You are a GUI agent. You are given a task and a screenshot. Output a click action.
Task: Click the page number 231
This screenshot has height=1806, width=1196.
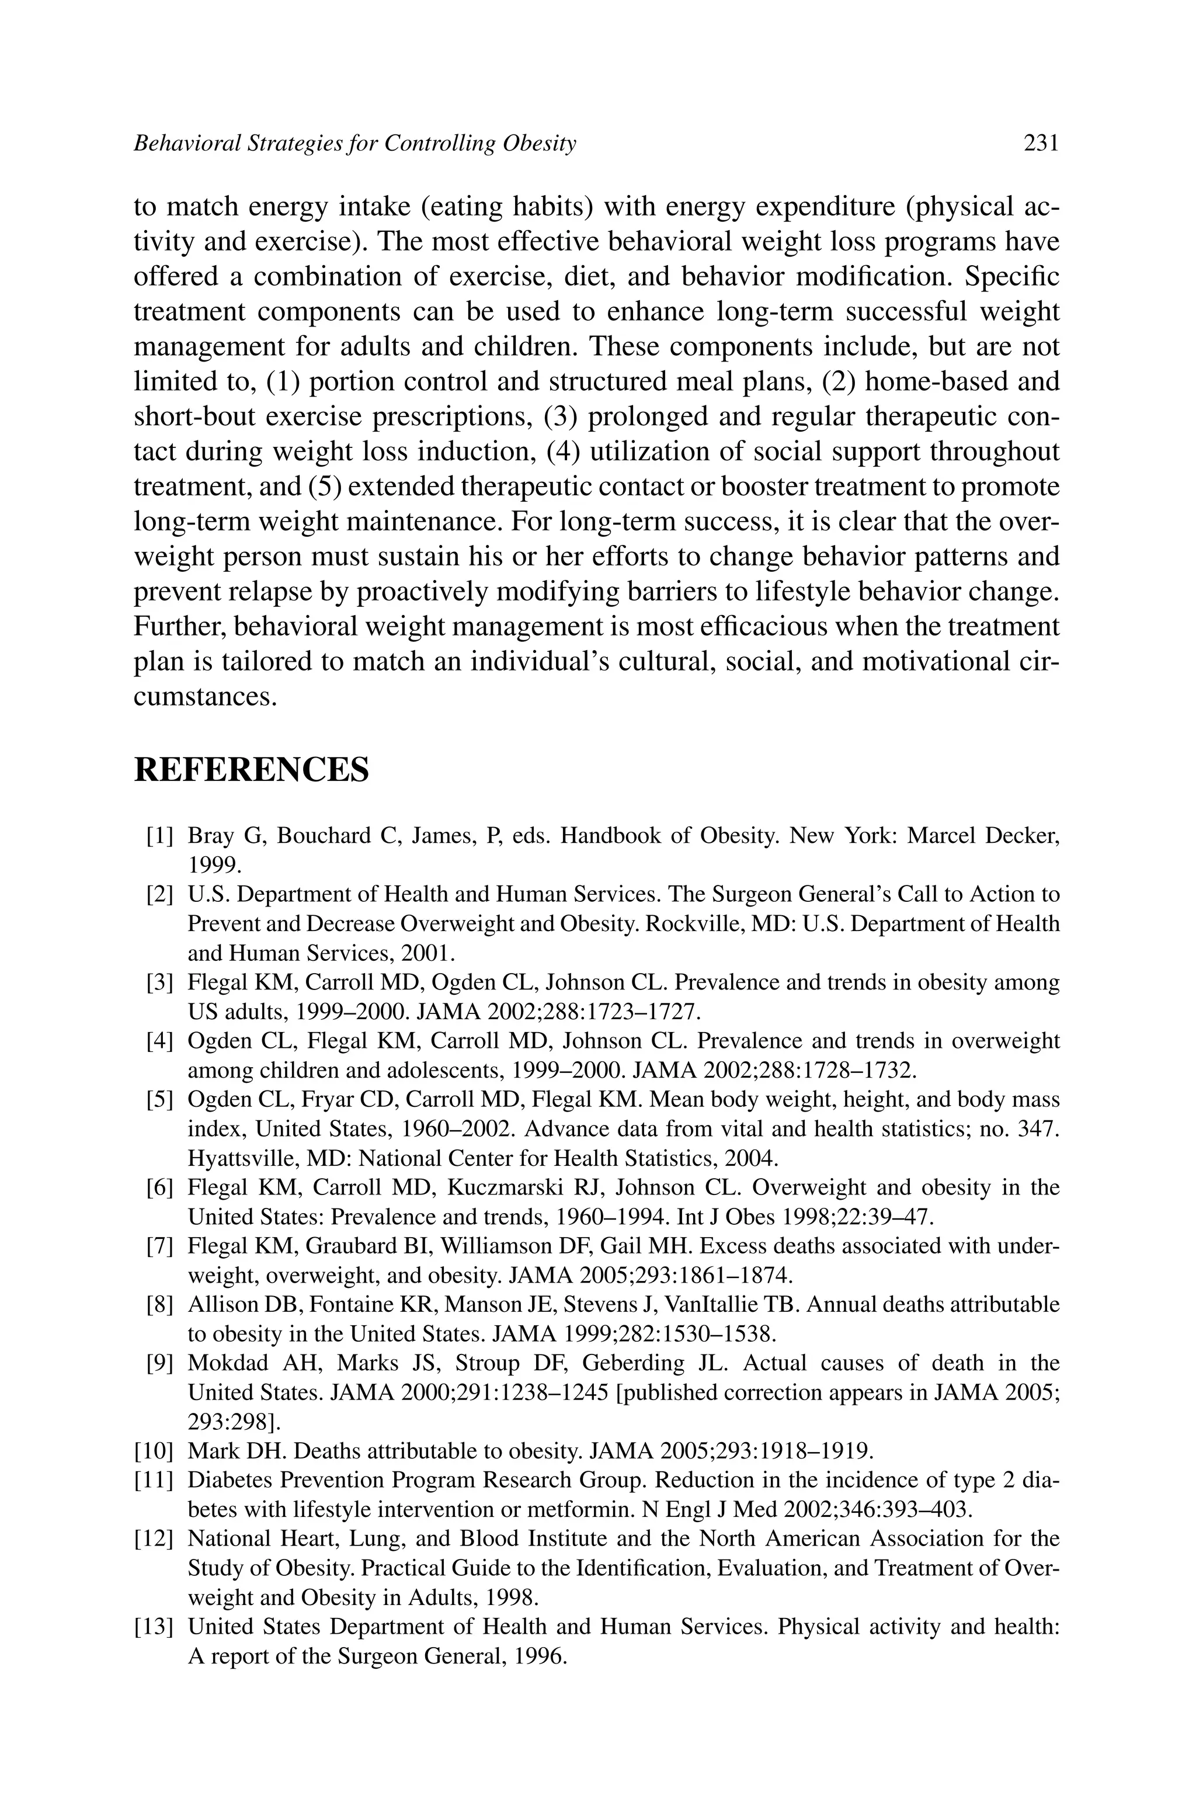click(x=1041, y=143)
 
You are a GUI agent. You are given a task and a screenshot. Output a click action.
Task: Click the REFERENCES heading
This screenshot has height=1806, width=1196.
click(x=251, y=770)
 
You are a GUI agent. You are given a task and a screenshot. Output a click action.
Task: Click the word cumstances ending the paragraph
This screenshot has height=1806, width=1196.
click(x=204, y=697)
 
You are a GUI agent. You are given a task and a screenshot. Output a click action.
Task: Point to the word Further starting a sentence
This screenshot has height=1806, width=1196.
click(x=179, y=627)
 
